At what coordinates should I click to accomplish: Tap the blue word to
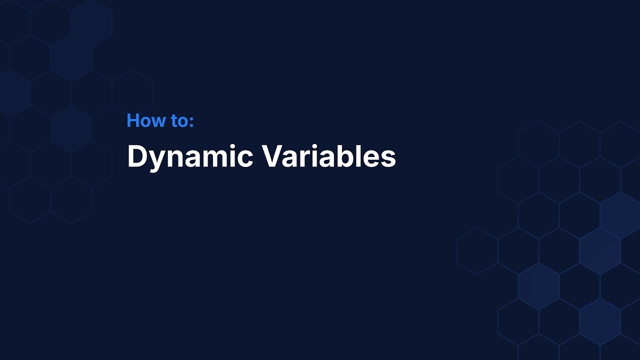(x=180, y=120)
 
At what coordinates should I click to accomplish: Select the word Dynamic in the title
(x=190, y=156)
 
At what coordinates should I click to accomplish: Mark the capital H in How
(x=133, y=120)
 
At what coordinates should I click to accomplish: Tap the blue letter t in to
(x=174, y=121)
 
